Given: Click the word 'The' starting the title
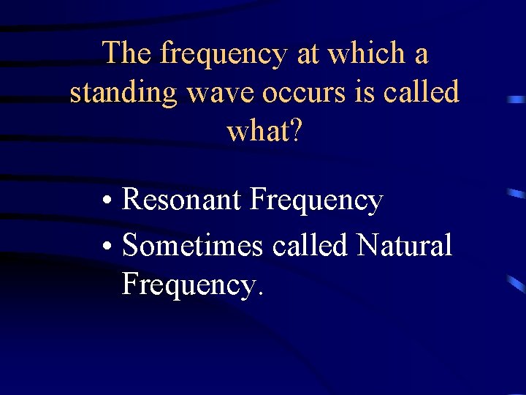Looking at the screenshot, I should coord(127,53).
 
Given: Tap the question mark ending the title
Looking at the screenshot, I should coord(294,132).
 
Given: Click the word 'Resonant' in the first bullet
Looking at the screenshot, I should coord(182,200).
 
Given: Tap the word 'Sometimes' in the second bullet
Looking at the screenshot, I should coord(192,246).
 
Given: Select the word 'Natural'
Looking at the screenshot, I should coord(404,246).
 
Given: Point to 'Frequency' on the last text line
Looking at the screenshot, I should coord(187,285).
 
